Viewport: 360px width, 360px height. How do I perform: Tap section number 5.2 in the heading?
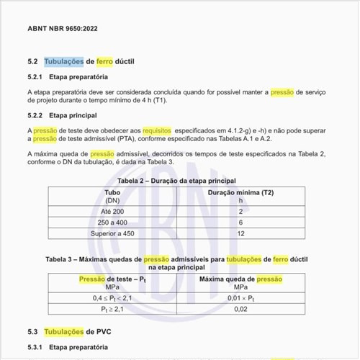point(32,62)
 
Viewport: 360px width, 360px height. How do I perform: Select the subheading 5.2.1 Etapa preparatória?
point(68,77)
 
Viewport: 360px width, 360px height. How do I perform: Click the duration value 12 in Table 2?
point(240,234)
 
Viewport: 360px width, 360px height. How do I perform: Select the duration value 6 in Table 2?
point(240,223)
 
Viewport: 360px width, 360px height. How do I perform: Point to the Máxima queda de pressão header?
point(240,279)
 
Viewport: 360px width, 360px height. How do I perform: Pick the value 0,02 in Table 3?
point(240,309)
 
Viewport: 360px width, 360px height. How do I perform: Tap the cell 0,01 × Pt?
point(240,297)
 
